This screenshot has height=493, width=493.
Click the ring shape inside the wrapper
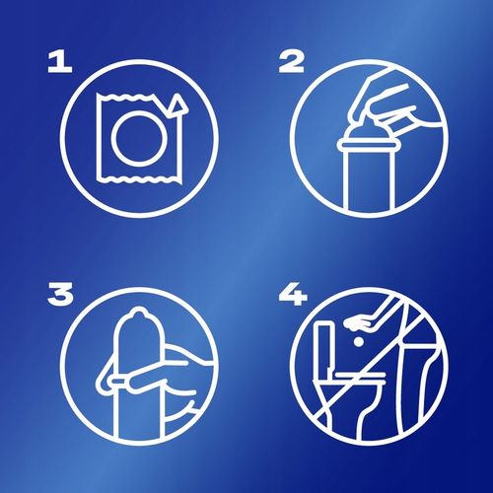point(130,140)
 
